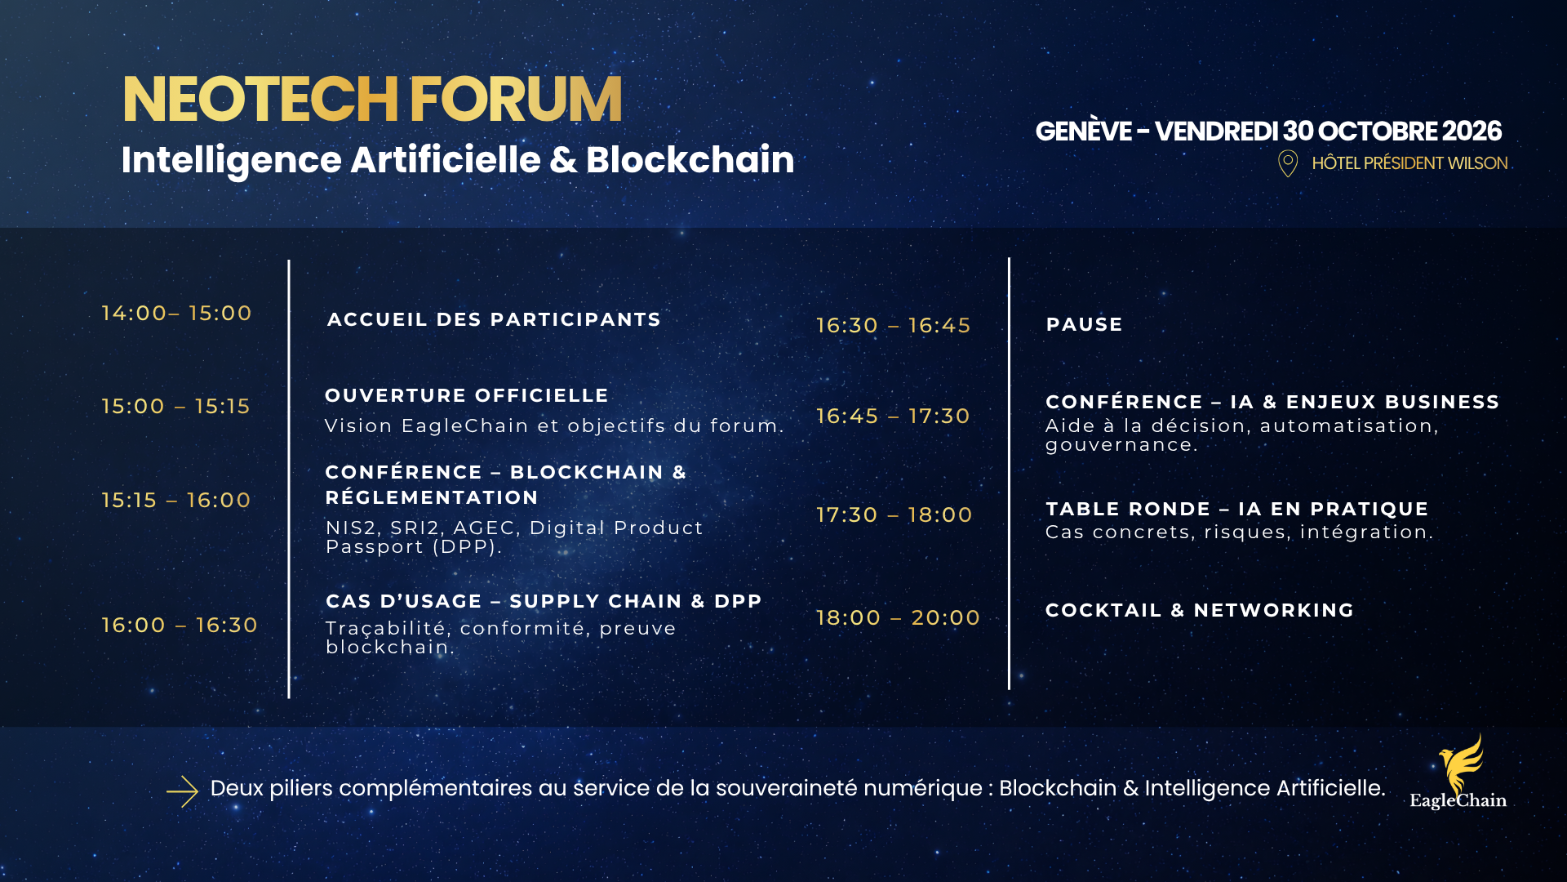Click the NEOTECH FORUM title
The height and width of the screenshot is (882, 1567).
[372, 100]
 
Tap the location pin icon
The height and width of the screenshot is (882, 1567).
[1288, 163]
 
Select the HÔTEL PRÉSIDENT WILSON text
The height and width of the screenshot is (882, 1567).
[1409, 163]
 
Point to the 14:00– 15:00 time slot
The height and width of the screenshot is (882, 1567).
[176, 313]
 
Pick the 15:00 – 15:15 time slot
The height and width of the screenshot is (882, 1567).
[175, 406]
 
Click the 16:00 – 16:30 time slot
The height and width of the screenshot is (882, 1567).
[180, 625]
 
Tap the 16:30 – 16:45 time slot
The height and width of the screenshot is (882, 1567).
[894, 325]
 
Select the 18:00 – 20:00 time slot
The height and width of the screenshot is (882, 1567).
[899, 617]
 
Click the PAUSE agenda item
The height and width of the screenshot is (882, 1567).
[1085, 324]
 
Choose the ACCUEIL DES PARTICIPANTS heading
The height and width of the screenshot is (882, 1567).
[494, 319]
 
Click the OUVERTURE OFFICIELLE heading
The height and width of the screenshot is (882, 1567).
[467, 395]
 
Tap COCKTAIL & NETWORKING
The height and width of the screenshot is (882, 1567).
[1200, 610]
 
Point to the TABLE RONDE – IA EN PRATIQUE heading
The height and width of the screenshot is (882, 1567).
[1237, 509]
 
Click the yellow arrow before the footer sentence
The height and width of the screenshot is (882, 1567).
[182, 791]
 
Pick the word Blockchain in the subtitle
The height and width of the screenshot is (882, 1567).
[690, 159]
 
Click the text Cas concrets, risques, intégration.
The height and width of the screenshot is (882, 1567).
[1240, 532]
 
